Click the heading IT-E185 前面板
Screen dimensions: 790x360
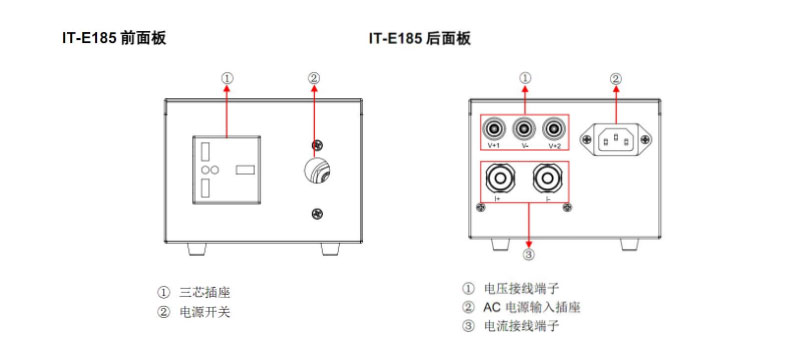click(114, 38)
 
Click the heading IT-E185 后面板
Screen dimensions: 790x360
click(420, 38)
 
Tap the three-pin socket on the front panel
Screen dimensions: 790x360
click(226, 170)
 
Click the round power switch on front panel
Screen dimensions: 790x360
click(317, 171)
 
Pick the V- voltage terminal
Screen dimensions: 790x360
click(524, 129)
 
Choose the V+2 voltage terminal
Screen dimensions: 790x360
click(554, 129)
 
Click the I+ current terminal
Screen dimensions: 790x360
click(500, 178)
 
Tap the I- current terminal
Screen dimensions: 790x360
click(548, 178)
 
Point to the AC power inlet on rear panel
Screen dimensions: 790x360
click(616, 139)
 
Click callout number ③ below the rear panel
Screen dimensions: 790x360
click(528, 255)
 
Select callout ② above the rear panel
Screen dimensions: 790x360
click(616, 79)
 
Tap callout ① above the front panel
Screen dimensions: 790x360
click(227, 79)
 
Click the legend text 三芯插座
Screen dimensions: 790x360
click(205, 293)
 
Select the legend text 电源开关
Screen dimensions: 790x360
click(205, 312)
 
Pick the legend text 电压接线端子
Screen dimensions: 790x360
click(521, 289)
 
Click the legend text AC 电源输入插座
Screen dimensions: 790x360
click(532, 307)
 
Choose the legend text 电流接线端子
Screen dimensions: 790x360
click(521, 326)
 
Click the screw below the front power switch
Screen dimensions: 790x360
click(317, 213)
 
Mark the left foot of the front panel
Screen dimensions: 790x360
click(196, 248)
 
